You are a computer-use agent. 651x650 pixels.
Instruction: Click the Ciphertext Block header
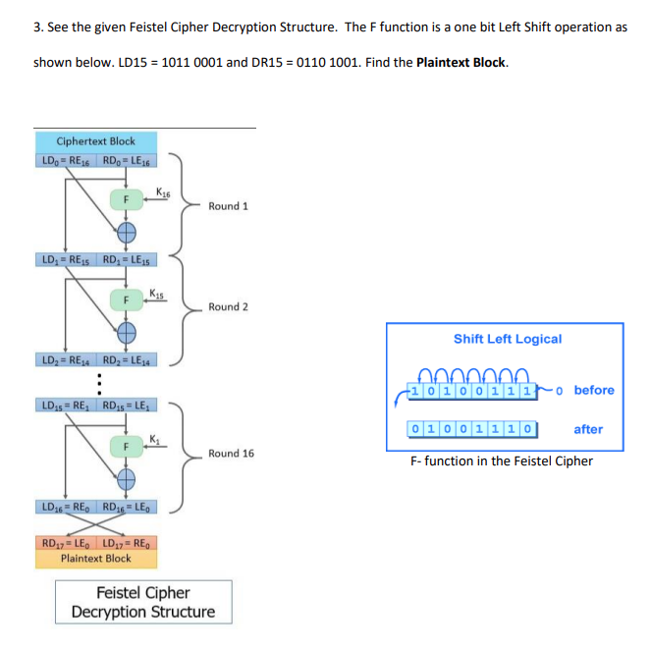[96, 141]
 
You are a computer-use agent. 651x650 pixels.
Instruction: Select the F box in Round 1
[125, 199]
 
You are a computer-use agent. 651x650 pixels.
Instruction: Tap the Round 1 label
[228, 206]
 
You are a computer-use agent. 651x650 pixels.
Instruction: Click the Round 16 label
[231, 454]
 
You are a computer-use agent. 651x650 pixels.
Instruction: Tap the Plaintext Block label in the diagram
[95, 558]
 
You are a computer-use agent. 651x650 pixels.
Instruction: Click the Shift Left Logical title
[508, 339]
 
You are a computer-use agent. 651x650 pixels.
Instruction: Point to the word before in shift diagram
[594, 390]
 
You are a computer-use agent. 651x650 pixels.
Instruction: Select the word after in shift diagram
[588, 429]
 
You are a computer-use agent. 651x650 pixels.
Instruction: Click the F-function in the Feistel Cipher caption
[502, 460]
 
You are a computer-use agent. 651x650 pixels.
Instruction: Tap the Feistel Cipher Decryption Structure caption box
[143, 602]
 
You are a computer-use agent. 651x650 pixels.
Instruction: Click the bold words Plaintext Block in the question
[461, 63]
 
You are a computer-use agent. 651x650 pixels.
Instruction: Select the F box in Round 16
[125, 447]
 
